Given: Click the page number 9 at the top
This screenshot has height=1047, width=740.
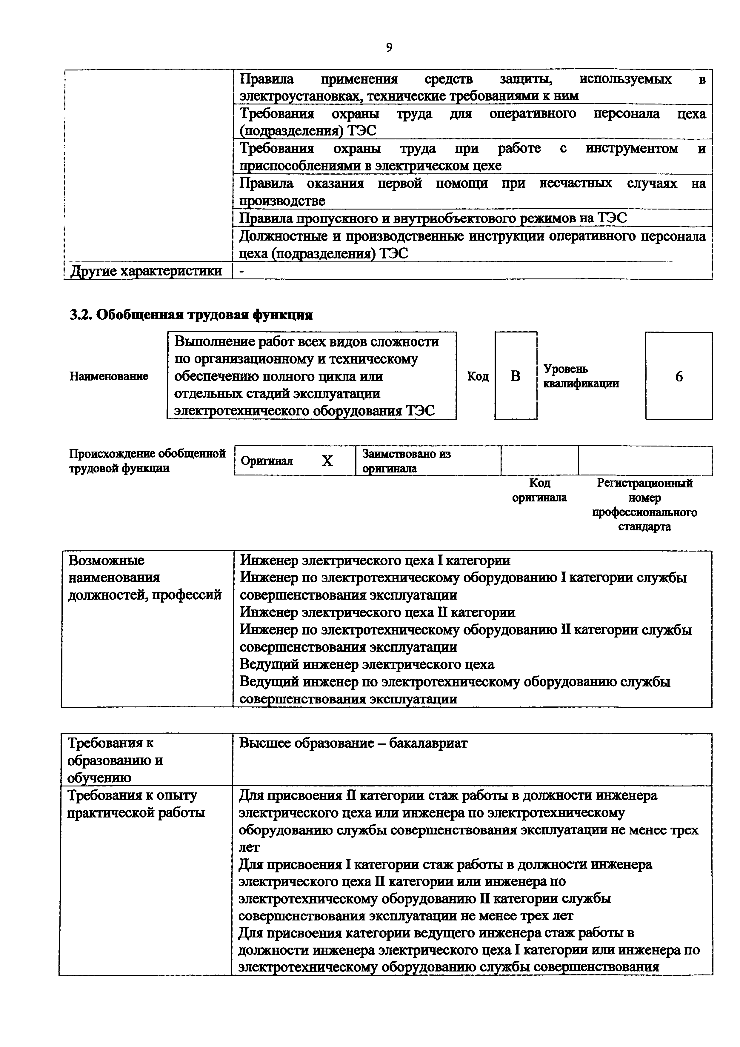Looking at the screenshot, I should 389,47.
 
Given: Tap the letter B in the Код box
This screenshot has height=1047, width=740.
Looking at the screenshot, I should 515,376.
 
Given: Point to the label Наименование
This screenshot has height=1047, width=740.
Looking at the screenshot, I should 109,376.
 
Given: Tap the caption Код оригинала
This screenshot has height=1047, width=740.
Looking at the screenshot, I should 539,490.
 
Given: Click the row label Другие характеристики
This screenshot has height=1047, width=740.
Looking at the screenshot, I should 146,271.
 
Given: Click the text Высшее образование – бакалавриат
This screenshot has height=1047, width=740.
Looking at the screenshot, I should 353,743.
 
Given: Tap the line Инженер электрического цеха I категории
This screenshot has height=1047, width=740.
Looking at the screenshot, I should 375,560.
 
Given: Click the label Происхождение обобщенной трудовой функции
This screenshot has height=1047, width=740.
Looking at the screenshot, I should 147,461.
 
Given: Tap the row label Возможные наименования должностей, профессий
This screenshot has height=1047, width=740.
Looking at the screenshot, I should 144,577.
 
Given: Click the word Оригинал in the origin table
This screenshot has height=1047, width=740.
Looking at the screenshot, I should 267,461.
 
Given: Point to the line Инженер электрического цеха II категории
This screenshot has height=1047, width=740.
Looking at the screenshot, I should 378,612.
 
